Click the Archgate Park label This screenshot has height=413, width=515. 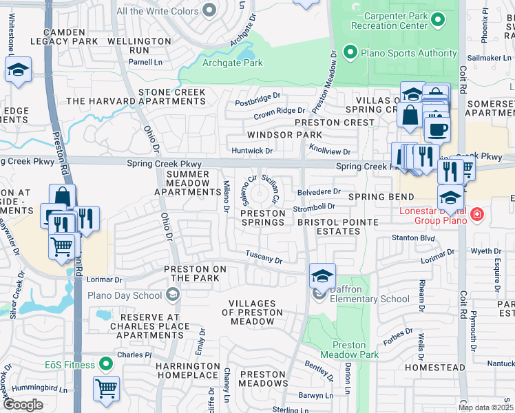[x=233, y=63]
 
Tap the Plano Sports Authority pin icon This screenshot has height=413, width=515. [x=350, y=53]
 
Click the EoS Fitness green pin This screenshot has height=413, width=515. [x=105, y=363]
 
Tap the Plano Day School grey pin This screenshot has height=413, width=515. [x=171, y=295]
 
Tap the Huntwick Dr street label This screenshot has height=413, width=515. [x=253, y=151]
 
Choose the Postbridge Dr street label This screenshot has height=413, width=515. [x=258, y=98]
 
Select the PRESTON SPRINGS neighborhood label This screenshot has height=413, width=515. [x=263, y=218]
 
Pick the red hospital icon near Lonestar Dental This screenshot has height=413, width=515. [x=475, y=216]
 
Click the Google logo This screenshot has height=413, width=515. [x=23, y=404]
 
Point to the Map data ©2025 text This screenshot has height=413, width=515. [x=485, y=407]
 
